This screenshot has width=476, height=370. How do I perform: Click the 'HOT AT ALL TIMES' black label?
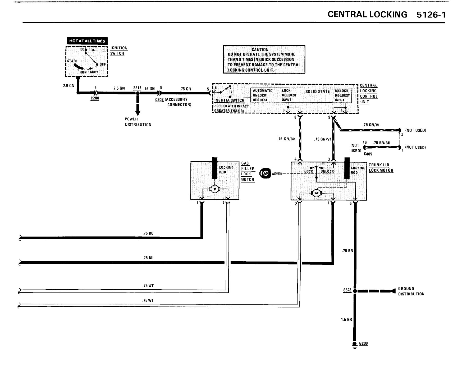pos(87,41)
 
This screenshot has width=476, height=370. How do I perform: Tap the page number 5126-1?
pos(431,15)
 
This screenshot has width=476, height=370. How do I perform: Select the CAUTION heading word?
pos(260,50)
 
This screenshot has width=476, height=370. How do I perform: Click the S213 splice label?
pos(137,88)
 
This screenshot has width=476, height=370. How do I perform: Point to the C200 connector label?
pos(95,98)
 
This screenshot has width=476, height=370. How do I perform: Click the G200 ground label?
pos(363,343)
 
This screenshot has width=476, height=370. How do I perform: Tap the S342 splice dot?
pos(355,291)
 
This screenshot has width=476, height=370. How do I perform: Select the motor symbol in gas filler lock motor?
pos(214,189)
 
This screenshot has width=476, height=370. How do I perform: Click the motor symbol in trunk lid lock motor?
pos(316,193)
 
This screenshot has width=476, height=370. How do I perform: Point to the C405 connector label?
pos(368,154)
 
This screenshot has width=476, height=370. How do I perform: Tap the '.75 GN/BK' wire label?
pos(286,139)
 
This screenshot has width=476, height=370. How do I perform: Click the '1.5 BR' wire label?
pos(346,319)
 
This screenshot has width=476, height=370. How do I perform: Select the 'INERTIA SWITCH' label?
pos(229,100)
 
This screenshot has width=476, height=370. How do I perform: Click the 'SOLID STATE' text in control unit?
pos(318,92)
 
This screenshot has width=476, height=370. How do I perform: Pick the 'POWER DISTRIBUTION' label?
pos(138,122)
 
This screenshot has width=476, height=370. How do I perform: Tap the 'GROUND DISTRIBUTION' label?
pos(411,291)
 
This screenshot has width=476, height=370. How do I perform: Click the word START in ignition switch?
pos(72,61)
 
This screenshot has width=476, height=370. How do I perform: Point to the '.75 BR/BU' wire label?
pos(382,143)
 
